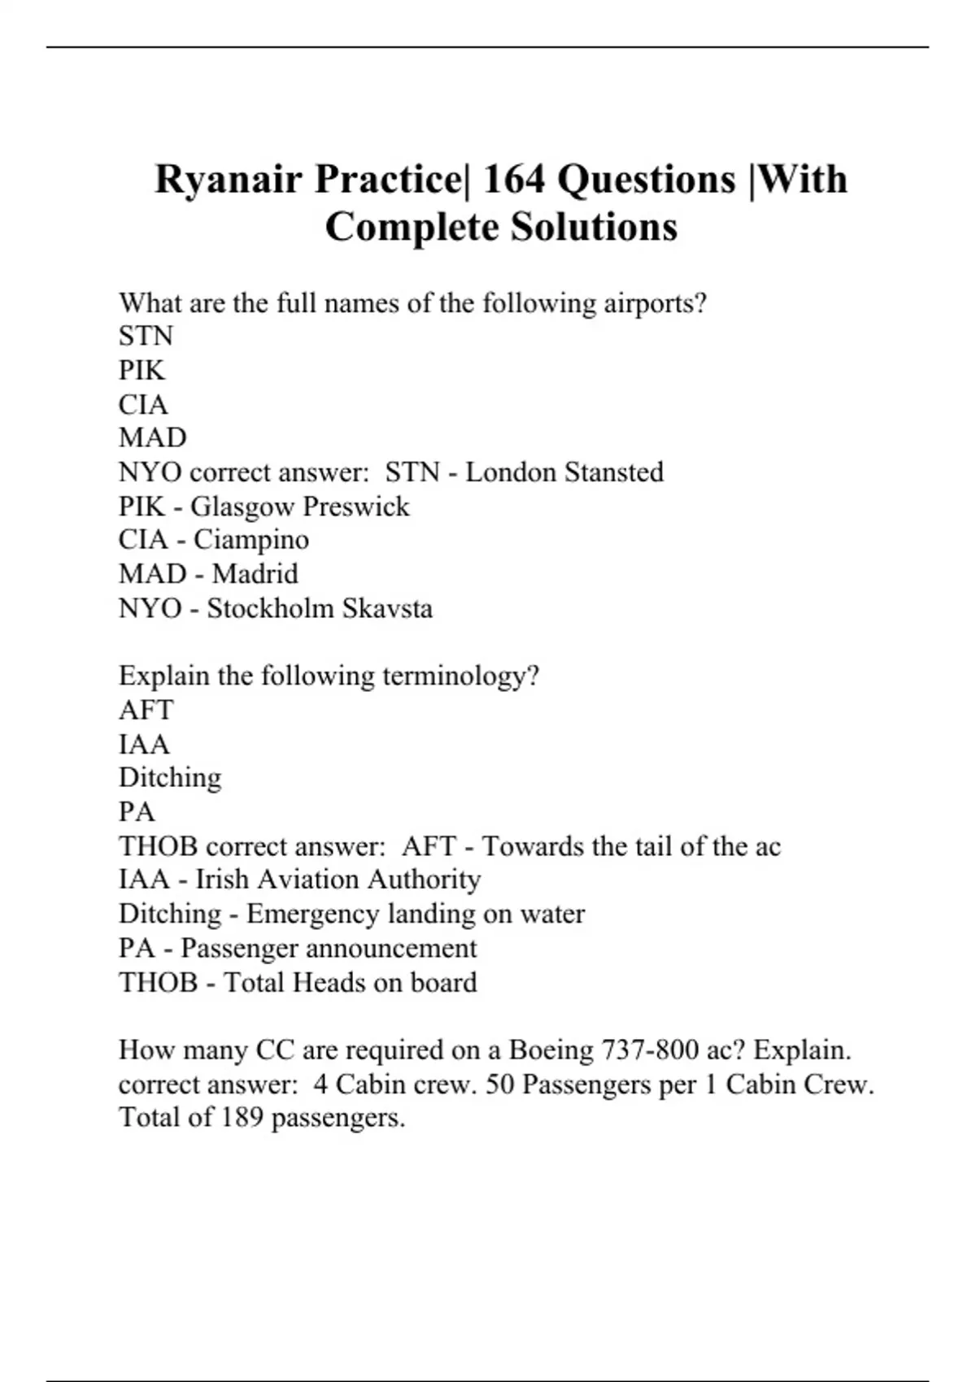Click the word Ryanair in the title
coord(229,180)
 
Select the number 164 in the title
coord(513,180)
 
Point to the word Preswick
coord(355,506)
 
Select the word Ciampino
coord(251,540)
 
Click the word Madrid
coord(255,574)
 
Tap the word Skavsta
coord(387,608)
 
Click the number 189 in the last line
coord(242,1118)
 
